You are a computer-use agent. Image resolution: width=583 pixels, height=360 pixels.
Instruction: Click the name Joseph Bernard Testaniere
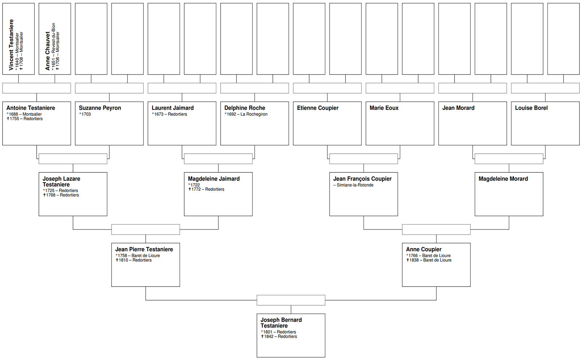(281, 323)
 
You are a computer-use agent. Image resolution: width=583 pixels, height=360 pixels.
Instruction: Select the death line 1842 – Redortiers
(279, 337)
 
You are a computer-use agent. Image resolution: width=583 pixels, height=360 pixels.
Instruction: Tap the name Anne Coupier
(424, 249)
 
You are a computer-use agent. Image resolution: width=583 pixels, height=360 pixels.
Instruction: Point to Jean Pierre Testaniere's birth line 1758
(138, 256)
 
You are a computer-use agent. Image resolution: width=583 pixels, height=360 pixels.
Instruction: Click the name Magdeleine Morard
(503, 179)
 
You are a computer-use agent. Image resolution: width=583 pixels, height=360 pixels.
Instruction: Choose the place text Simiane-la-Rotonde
(355, 185)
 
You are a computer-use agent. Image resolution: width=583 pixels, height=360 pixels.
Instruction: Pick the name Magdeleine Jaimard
(214, 179)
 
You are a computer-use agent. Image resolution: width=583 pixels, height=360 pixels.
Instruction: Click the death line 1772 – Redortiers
(207, 189)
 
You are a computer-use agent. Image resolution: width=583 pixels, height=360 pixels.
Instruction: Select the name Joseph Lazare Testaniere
(62, 182)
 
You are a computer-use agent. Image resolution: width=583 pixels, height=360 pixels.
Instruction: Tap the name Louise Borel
(531, 108)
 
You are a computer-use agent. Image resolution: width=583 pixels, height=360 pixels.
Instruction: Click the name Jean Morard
(458, 108)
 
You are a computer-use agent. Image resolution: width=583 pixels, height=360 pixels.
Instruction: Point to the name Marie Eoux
(384, 108)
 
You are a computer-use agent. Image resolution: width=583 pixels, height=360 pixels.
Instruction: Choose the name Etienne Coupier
(317, 108)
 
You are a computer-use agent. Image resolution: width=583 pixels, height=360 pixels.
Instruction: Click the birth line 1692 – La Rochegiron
(246, 114)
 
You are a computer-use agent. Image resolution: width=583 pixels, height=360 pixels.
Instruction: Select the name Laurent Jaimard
(172, 108)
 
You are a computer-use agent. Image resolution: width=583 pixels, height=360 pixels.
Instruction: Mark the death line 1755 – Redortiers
(25, 119)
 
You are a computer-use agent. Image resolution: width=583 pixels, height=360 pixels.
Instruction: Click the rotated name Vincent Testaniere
(11, 45)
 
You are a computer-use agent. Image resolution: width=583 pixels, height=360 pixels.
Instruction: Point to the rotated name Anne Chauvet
(48, 51)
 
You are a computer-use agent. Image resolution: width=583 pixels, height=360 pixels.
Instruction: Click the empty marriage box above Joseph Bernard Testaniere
(291, 300)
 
